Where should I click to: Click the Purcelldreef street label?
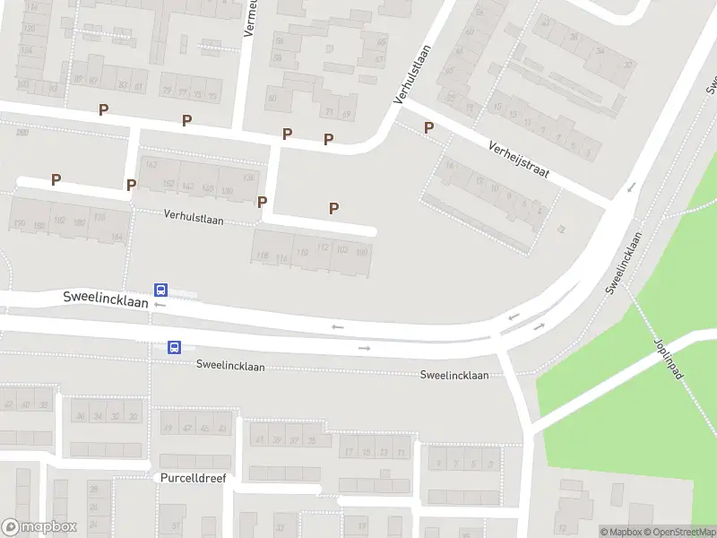[194, 478]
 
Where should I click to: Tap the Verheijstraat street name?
[518, 158]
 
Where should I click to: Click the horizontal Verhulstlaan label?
[194, 217]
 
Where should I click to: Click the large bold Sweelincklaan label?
[105, 297]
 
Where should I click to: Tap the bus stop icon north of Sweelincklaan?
[160, 290]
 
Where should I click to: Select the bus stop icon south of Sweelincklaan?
[175, 347]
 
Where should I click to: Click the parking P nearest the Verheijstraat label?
[428, 127]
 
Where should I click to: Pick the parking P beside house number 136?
[263, 202]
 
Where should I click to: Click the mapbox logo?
[39, 527]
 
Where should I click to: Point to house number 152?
[168, 185]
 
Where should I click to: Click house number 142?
[187, 187]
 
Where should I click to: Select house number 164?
[117, 237]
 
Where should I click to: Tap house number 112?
[323, 247]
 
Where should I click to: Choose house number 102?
[341, 249]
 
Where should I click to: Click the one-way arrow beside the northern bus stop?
[160, 305]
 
